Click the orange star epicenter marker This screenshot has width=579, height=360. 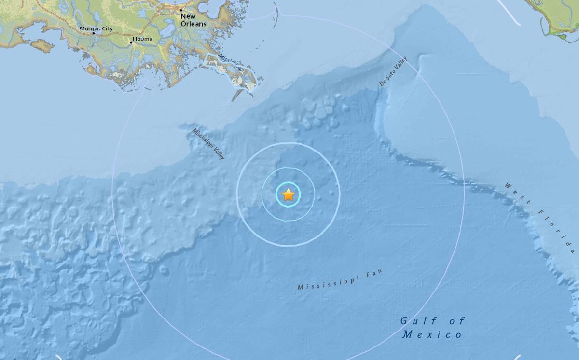288,195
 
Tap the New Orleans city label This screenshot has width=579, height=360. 193,20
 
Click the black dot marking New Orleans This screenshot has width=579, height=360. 181,10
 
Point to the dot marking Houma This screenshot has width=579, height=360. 130,42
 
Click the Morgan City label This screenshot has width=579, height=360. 96,28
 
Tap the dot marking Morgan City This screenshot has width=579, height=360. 94,33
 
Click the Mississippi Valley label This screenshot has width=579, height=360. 208,144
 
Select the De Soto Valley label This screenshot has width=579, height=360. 393,71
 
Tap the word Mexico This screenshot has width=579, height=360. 433,334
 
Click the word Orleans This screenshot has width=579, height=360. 193,24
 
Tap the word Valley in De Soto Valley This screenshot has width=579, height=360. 400,64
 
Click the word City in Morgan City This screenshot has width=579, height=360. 106,28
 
